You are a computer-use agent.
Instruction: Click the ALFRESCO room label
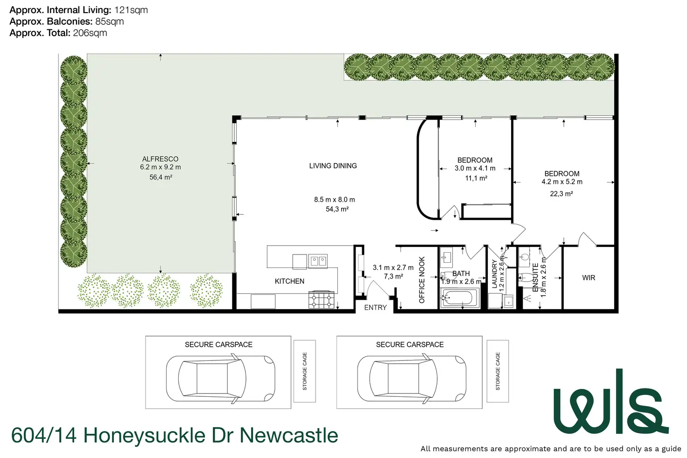coord(160,159)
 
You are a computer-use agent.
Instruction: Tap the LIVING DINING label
coord(333,166)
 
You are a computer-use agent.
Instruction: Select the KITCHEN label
coord(289,281)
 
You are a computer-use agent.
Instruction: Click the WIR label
coord(589,278)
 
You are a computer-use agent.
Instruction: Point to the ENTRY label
coord(375,308)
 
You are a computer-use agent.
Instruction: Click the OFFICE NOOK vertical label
coord(422,280)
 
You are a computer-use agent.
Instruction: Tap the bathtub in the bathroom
coord(460,297)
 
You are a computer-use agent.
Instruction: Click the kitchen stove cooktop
coord(322,299)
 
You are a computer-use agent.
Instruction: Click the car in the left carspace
coord(220,378)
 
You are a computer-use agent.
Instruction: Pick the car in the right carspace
coord(412,378)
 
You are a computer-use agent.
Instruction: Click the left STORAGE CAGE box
coord(305,371)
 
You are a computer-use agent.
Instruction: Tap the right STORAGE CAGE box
coord(498,371)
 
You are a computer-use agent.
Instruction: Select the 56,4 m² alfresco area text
coord(161,177)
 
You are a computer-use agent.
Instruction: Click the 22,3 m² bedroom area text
coord(561,194)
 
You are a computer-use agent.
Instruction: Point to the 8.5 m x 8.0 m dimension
coord(334,199)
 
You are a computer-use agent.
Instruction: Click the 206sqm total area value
coord(90,33)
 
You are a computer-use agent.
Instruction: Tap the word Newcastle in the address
coord(288,435)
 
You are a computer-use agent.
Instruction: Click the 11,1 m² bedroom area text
coord(476,178)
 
